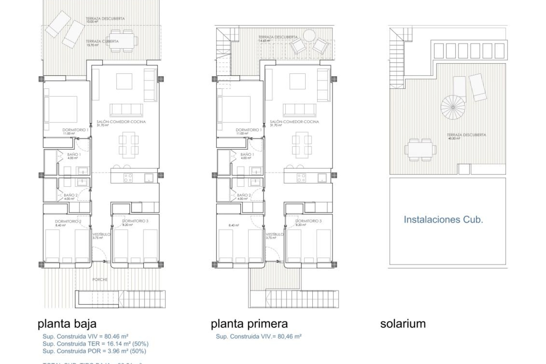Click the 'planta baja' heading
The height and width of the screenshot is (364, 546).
coord(67,324)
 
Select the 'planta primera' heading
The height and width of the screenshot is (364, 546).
coord(249,324)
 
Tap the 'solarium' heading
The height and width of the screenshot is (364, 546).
coord(403,324)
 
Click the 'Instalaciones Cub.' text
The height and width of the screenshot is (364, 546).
coord(443,220)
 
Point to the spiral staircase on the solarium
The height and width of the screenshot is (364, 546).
coord(453,107)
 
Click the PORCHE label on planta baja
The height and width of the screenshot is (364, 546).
coord(100,280)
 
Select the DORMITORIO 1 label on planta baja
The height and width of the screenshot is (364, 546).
coord(75,130)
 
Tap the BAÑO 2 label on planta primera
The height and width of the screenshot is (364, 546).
coord(244,195)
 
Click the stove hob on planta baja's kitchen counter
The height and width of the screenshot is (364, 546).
coord(128,178)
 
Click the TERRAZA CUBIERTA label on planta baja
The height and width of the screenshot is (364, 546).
coord(102,42)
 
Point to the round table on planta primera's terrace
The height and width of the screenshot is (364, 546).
coord(309,36)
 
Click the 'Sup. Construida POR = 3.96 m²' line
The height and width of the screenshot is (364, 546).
coord(94,351)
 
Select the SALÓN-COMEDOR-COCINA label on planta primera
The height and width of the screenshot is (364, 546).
coord(294,122)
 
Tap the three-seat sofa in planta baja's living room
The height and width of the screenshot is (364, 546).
coord(126,110)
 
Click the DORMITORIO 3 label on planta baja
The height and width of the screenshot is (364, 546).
coord(135,221)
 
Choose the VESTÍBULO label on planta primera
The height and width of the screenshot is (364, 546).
coord(275,234)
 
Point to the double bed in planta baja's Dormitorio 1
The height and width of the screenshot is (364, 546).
coord(61,109)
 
